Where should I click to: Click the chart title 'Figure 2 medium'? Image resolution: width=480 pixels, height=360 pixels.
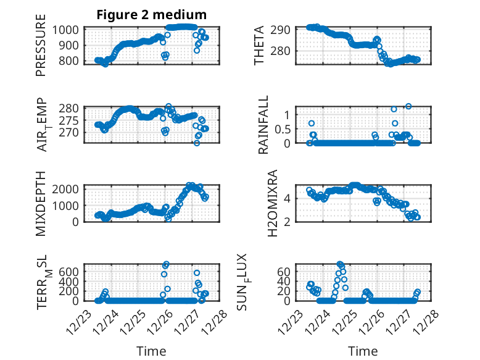151,14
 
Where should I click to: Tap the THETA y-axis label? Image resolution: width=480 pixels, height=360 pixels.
260,45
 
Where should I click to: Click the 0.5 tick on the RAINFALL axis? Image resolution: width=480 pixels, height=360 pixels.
282,128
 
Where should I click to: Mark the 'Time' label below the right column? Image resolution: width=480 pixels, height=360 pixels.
363,351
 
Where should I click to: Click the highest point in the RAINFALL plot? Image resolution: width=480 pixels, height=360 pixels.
408,106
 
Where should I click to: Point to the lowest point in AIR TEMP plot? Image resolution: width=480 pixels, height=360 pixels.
197,143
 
